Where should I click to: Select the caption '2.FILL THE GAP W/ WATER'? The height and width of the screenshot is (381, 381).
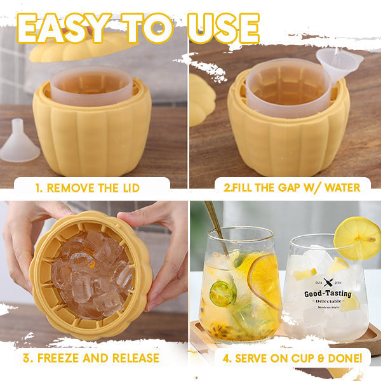coord(291,187)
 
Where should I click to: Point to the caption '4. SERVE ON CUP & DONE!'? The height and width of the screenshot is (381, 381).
coord(292,358)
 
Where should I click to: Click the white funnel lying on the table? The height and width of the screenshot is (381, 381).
coord(19,143)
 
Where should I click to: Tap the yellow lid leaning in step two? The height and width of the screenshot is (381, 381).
coord(202,98)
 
